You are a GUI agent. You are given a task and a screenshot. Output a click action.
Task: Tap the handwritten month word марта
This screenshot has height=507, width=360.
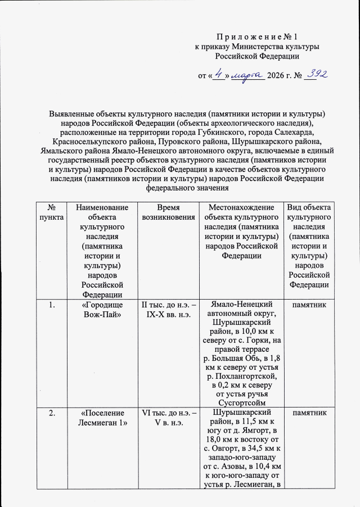coord(247,75)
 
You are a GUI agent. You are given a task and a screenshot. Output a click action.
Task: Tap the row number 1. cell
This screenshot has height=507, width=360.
coord(51,305)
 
